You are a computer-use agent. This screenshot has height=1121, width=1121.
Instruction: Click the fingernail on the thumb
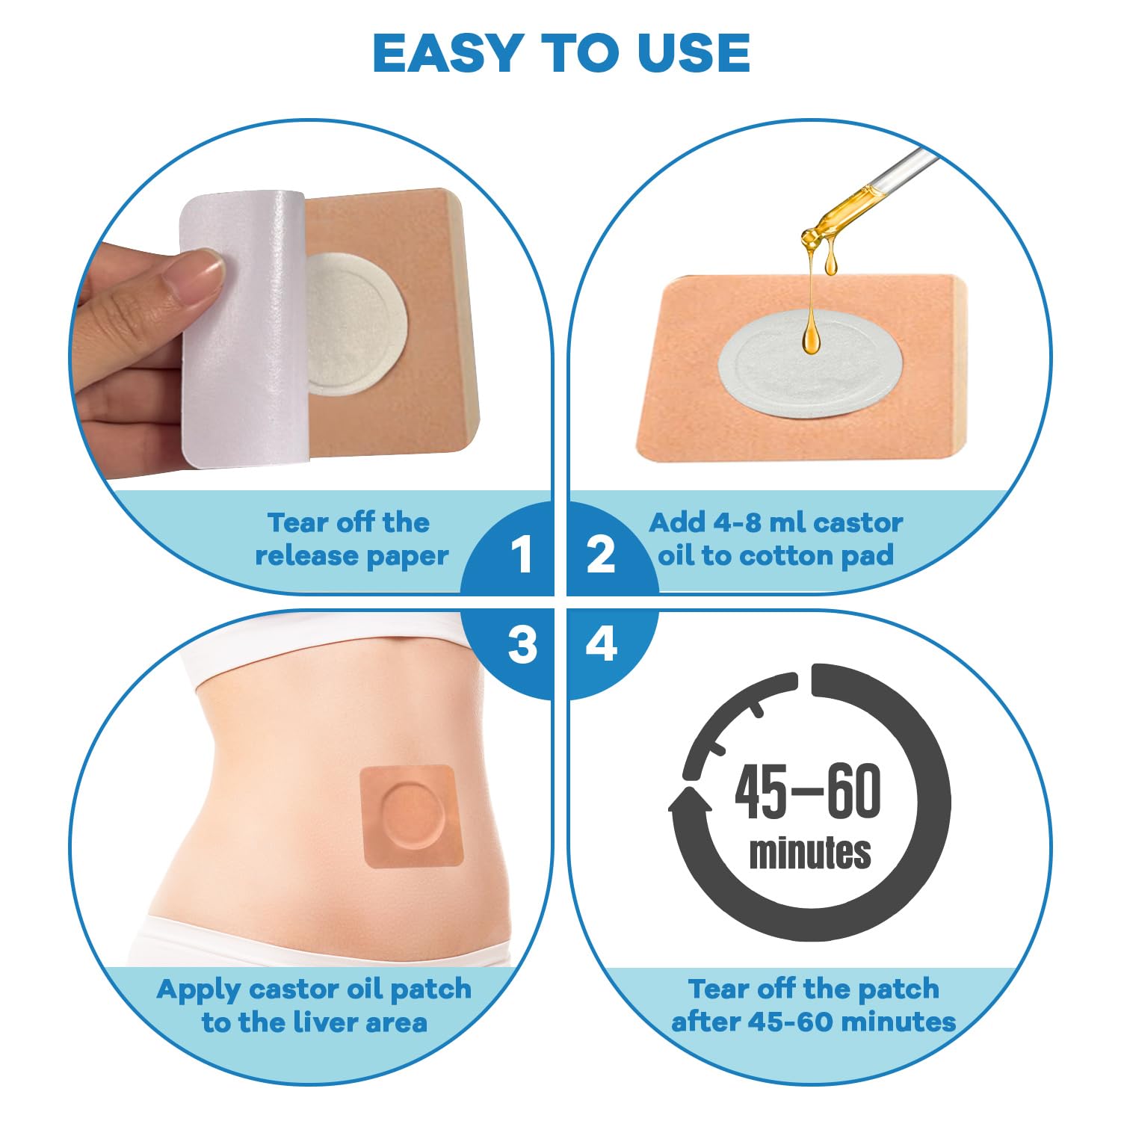[197, 274]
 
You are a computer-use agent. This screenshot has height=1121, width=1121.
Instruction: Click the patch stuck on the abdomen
[411, 815]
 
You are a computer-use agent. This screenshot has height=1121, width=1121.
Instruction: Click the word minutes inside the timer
[810, 854]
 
